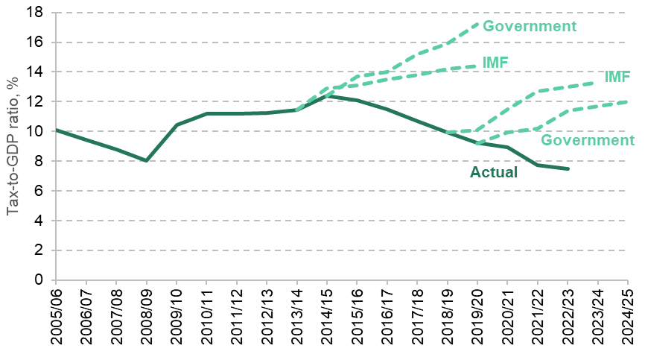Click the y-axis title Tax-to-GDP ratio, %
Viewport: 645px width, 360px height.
coord(14,147)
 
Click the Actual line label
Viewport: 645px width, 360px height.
coord(494,172)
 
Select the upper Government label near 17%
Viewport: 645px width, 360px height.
coord(530,26)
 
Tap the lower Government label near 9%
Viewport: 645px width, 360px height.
coord(587,140)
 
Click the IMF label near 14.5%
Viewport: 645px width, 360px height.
coord(495,62)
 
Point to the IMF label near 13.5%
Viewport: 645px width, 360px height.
coord(617,77)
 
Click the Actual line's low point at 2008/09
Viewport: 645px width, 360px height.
coord(146,160)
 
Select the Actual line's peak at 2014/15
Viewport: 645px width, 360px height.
coord(327,96)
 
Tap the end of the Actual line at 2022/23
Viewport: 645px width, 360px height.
coord(568,169)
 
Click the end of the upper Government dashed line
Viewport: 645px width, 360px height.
coord(477,23)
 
